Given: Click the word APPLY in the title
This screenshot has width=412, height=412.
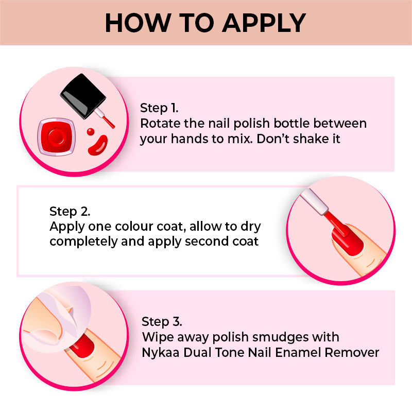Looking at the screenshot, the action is tap(264, 23).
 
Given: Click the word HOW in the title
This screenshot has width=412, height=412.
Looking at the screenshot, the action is tap(138, 23).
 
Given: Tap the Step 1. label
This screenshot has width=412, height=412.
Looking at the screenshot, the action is tap(159, 108).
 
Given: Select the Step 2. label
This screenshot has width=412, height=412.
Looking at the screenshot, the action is tap(70, 212).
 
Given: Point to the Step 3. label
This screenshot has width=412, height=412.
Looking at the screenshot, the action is tap(162, 322).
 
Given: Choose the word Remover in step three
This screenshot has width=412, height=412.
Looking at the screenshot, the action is tap(352, 353).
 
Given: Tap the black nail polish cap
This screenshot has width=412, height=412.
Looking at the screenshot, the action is tap(83, 95).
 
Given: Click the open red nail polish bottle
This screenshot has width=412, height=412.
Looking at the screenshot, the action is tap(57, 137).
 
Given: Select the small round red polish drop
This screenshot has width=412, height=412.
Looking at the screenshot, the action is tap(91, 132).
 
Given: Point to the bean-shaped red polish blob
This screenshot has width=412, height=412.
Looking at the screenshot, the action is tap(98, 145).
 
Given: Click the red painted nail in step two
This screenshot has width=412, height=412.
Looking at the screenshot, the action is tap(347, 241).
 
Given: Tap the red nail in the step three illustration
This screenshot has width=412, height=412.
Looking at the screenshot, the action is tap(83, 346).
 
